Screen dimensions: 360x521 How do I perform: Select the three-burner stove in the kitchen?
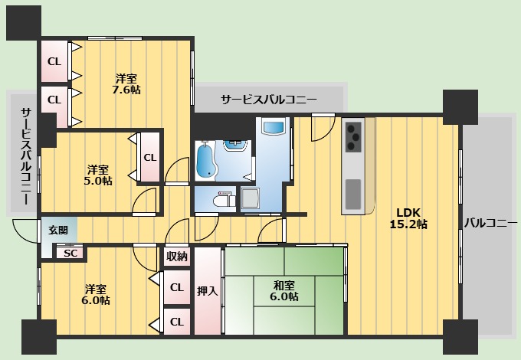(x=353, y=136)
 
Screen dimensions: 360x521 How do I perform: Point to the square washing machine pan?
(x=251, y=199)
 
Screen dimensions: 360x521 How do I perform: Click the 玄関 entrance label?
(x=57, y=230)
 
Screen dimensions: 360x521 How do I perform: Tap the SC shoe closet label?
(x=70, y=253)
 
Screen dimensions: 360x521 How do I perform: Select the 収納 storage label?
(x=176, y=257)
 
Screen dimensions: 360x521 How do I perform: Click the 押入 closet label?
(x=207, y=291)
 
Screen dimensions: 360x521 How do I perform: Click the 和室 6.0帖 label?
(x=285, y=290)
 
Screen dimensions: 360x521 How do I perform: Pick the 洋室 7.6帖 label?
(x=127, y=83)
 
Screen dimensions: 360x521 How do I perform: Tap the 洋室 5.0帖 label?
(x=98, y=175)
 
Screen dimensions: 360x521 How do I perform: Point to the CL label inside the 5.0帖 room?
(x=150, y=157)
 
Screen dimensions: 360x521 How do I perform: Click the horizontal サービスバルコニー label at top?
(x=269, y=99)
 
